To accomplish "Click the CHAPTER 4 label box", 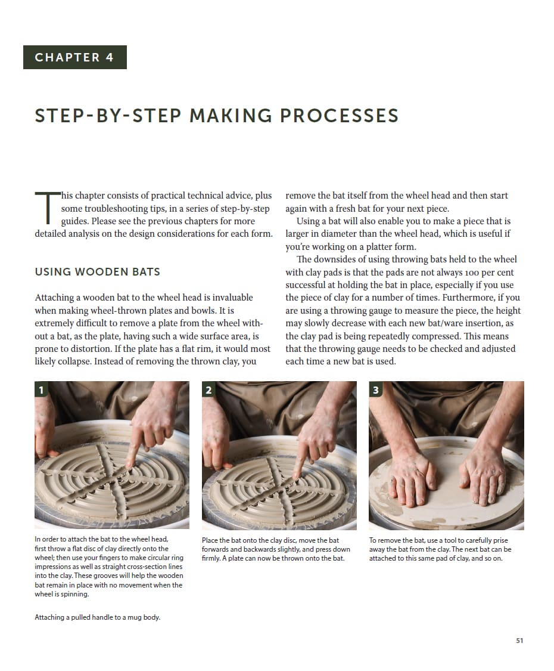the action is (75, 57).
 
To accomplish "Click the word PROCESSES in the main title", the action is (339, 116).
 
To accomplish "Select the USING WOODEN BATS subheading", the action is (98, 272).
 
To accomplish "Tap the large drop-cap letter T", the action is (47, 208).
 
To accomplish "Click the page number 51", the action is (519, 641).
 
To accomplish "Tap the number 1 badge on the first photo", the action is (41, 390).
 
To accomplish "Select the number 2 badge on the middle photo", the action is (208, 390).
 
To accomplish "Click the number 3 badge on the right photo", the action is (375, 390).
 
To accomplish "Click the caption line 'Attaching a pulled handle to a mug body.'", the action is (98, 617).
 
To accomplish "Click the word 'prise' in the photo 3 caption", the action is (500, 540).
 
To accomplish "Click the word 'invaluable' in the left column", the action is (232, 298).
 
